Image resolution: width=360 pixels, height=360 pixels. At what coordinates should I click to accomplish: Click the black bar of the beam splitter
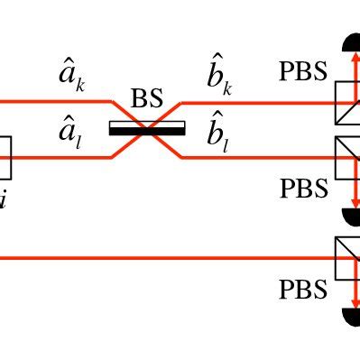coord(147,129)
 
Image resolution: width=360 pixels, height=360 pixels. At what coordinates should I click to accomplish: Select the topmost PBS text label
coord(302,71)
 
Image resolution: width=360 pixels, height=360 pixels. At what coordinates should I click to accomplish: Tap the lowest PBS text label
coord(302,290)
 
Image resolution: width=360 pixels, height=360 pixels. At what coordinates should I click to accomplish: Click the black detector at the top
coord(351,42)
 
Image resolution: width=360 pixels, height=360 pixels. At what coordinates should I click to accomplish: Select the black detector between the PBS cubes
coord(352,216)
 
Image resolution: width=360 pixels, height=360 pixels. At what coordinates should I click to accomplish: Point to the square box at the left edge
coord(5,157)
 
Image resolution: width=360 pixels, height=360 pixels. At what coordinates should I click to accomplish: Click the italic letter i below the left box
coord(4,199)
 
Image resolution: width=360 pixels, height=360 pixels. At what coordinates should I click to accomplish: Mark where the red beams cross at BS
coord(147,129)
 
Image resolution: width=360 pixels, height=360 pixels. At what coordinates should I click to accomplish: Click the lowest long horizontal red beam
coord(162,258)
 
